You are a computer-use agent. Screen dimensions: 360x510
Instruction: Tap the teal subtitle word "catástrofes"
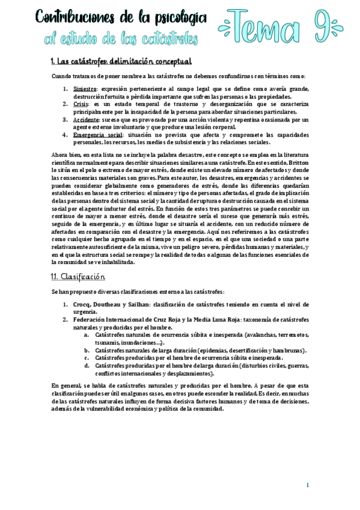168,39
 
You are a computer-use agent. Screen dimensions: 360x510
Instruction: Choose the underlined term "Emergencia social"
97,135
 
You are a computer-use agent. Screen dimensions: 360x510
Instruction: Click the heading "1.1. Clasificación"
78,277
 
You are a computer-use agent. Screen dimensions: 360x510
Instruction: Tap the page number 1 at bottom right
308,485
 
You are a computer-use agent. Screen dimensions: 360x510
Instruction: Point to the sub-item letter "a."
87,334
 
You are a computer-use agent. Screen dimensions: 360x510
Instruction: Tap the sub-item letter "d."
87,365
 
